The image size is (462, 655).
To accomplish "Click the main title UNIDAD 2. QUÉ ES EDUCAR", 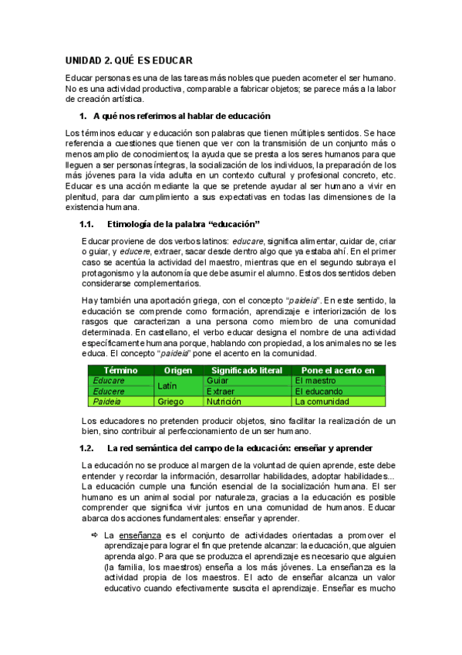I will click(129, 60).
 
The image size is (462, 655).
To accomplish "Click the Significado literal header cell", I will click(248, 370).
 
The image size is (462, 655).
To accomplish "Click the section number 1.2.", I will click(86, 448).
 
